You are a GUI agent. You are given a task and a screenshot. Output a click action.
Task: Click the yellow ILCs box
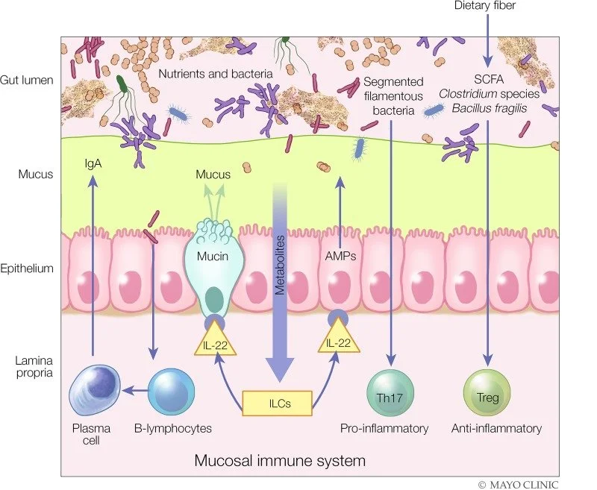click(x=276, y=403)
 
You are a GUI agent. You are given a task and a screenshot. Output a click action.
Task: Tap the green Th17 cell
click(x=390, y=389)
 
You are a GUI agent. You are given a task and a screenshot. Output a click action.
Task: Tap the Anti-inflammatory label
click(x=496, y=428)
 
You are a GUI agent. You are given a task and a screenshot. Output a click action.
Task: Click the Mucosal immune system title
click(x=280, y=460)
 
